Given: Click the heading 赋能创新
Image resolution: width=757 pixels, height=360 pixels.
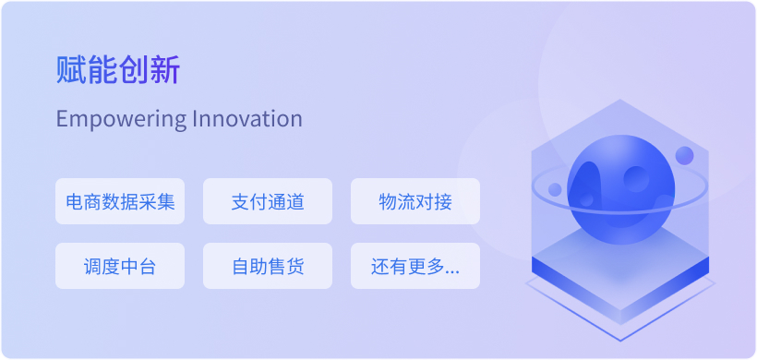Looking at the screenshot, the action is [118, 70].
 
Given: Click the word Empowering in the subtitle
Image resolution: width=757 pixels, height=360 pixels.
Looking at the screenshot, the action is [121, 119].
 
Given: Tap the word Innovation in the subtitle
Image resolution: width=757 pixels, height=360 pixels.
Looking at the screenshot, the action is [247, 118].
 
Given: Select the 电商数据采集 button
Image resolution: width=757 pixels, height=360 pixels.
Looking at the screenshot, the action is [120, 201].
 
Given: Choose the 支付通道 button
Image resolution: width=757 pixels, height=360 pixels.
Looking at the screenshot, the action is [268, 201].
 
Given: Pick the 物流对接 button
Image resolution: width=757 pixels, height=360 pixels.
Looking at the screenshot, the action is [415, 201].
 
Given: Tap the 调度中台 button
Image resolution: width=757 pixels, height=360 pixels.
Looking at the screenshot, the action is [120, 266].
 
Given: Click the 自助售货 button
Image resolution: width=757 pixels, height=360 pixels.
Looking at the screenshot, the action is [268, 266].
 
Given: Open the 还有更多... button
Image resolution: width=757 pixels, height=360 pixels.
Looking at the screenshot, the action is [415, 266].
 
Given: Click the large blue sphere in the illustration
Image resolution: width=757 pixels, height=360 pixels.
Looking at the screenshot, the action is [621, 189].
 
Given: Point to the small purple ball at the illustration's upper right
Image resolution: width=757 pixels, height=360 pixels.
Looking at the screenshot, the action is [684, 155].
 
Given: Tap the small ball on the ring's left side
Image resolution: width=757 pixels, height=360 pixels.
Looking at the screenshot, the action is [555, 189].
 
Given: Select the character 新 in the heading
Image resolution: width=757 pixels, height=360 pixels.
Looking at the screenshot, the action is [165, 70].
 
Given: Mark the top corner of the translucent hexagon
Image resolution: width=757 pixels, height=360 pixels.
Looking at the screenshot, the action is [620, 100].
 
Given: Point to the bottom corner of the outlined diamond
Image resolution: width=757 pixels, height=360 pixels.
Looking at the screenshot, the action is [620, 341].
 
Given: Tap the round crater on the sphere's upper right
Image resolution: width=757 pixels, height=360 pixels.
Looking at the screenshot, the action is [636, 178].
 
